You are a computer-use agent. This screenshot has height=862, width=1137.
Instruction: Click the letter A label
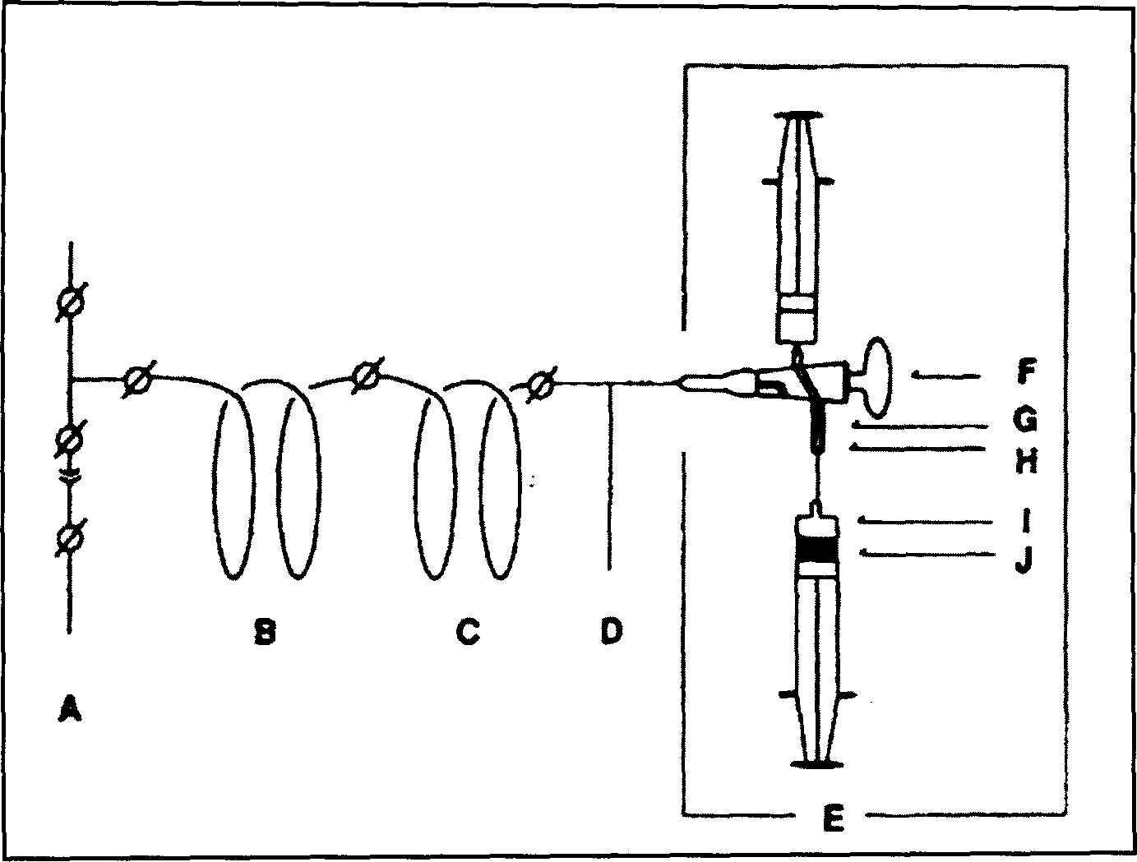70,708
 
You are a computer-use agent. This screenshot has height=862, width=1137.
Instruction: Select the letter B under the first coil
264,632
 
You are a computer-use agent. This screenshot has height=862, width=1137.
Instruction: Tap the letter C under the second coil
467,632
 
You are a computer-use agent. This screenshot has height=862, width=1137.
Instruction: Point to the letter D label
611,631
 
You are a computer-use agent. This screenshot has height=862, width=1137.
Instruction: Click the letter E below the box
833,818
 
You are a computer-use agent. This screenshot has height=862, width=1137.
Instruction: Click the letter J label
1024,560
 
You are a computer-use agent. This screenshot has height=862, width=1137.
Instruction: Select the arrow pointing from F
945,376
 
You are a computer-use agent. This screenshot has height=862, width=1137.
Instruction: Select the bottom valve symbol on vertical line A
70,538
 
